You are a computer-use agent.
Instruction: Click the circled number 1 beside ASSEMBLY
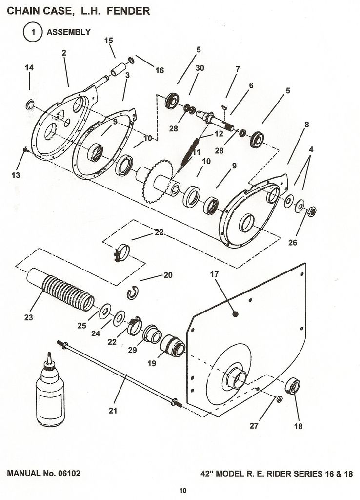click(x=33, y=32)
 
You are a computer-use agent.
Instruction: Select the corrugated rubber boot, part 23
click(x=60, y=289)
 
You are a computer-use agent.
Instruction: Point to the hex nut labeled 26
click(x=312, y=211)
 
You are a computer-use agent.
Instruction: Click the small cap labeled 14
click(x=30, y=104)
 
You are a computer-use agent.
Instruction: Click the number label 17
click(x=215, y=274)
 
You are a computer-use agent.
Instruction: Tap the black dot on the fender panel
click(x=236, y=314)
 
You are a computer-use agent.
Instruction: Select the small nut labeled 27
click(x=279, y=399)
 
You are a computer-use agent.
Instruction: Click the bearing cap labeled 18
click(x=293, y=385)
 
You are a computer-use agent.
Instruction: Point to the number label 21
click(x=113, y=411)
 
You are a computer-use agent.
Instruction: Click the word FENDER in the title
click(x=128, y=11)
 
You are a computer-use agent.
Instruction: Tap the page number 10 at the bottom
click(x=183, y=490)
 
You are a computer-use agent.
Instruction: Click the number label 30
click(x=200, y=68)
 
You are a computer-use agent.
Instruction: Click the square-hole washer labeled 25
click(x=105, y=311)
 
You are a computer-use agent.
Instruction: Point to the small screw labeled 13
click(x=25, y=149)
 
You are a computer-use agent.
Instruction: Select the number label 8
click(x=307, y=125)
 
